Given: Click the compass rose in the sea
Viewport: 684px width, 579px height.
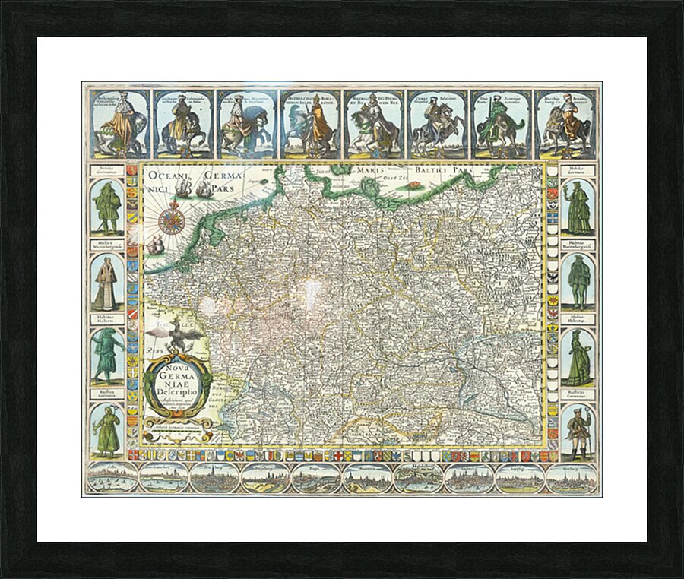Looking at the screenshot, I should point(171,220).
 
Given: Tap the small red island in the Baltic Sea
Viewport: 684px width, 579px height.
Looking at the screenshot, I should point(415,184).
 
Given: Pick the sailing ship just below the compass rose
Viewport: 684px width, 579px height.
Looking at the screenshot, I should point(157,245).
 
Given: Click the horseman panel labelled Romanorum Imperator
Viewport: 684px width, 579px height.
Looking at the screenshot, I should point(310,125).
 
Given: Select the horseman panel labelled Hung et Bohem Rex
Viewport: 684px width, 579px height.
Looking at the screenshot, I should point(374,125).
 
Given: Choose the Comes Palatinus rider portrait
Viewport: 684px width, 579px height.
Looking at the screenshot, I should point(437,125).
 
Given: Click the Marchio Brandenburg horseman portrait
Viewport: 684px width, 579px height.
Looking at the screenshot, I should point(565,125).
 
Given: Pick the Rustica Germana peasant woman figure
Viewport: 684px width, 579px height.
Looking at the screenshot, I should point(107,432).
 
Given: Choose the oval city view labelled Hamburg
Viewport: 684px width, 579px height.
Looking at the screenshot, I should point(571,478).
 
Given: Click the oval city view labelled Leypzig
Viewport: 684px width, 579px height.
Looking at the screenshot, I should point(520,478).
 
